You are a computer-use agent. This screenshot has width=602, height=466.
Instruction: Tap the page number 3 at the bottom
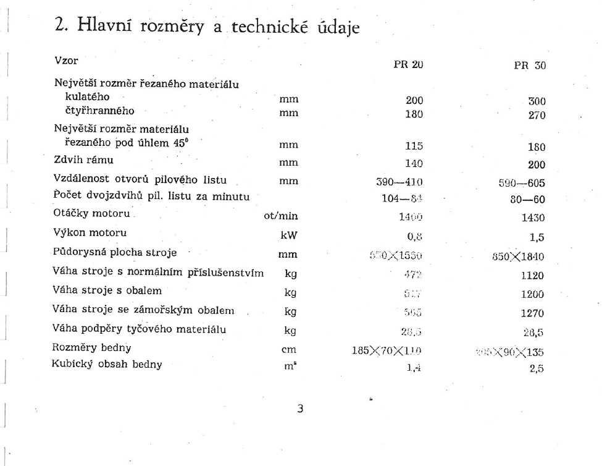(300, 409)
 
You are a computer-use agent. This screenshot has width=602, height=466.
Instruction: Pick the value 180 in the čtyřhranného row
(413, 112)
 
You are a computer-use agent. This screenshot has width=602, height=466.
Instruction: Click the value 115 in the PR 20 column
(413, 146)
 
